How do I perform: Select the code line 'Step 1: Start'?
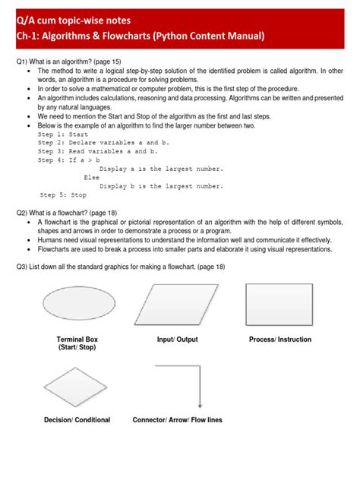pos(63,134)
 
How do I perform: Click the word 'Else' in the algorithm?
pos(92,177)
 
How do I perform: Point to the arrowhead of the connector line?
pos(199,406)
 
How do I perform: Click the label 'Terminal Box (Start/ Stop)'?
pos(77,343)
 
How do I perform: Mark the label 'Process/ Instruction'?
pos(280,339)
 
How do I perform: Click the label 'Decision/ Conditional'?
pos(77,420)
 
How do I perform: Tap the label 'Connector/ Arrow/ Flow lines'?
pos(177,420)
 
